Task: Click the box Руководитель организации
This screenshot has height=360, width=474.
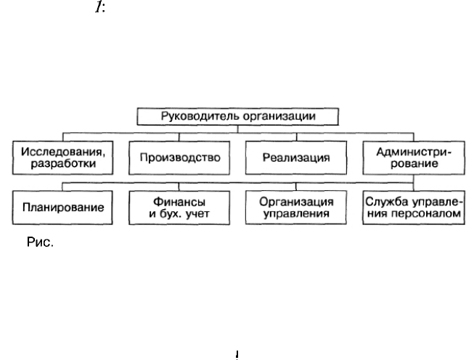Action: tap(237, 116)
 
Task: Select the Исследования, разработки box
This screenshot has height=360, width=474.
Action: tap(62, 157)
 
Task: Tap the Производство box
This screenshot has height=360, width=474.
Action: tap(179, 157)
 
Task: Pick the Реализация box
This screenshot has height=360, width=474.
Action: tap(296, 157)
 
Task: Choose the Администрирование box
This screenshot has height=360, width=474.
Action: tap(414, 157)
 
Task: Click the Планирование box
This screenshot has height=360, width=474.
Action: tap(62, 208)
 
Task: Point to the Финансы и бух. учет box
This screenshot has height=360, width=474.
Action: tap(179, 208)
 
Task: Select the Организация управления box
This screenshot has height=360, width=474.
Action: tap(296, 208)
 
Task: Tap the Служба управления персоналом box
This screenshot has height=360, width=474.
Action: tap(414, 208)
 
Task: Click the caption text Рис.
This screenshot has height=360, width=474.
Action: tap(40, 242)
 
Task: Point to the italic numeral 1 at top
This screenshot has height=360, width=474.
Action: tap(98, 7)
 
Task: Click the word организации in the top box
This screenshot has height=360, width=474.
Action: tap(279, 116)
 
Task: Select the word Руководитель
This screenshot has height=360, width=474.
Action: tap(200, 116)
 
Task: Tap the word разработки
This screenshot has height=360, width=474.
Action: tap(63, 163)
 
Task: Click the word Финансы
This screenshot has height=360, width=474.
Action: tap(179, 202)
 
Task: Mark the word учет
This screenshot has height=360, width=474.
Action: tap(198, 213)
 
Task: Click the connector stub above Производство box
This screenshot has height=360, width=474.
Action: tap(179, 137)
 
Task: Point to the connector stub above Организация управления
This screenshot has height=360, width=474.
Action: tap(296, 187)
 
